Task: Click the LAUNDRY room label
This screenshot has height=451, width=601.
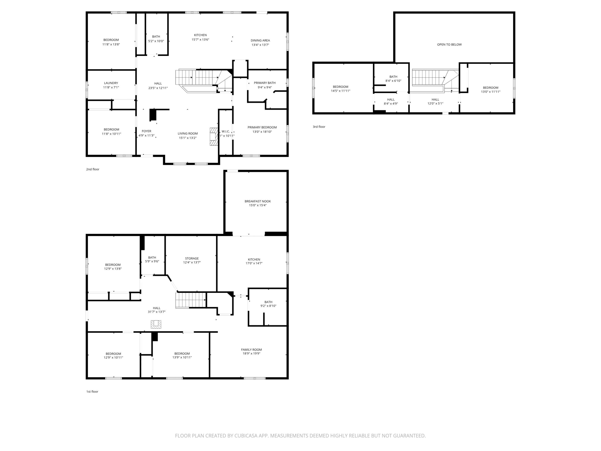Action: [111, 83]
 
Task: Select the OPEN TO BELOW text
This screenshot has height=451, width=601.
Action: [449, 44]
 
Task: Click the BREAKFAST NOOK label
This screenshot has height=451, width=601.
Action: [258, 201]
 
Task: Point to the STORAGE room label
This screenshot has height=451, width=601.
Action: [192, 258]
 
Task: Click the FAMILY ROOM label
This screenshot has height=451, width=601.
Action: [251, 350]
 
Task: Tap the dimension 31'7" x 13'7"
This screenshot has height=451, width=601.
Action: [156, 312]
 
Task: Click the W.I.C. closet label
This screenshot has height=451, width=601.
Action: [226, 131]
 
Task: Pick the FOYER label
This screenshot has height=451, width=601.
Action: [146, 131]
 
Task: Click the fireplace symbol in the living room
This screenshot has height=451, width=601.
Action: [214, 137]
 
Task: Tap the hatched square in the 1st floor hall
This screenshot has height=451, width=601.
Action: [156, 324]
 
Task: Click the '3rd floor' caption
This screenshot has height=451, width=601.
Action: [319, 127]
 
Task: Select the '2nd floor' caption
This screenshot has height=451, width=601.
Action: [93, 169]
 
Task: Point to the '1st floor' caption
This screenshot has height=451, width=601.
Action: [92, 391]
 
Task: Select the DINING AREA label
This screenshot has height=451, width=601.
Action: [260, 40]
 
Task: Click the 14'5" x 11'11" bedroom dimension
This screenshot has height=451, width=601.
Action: [340, 91]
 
